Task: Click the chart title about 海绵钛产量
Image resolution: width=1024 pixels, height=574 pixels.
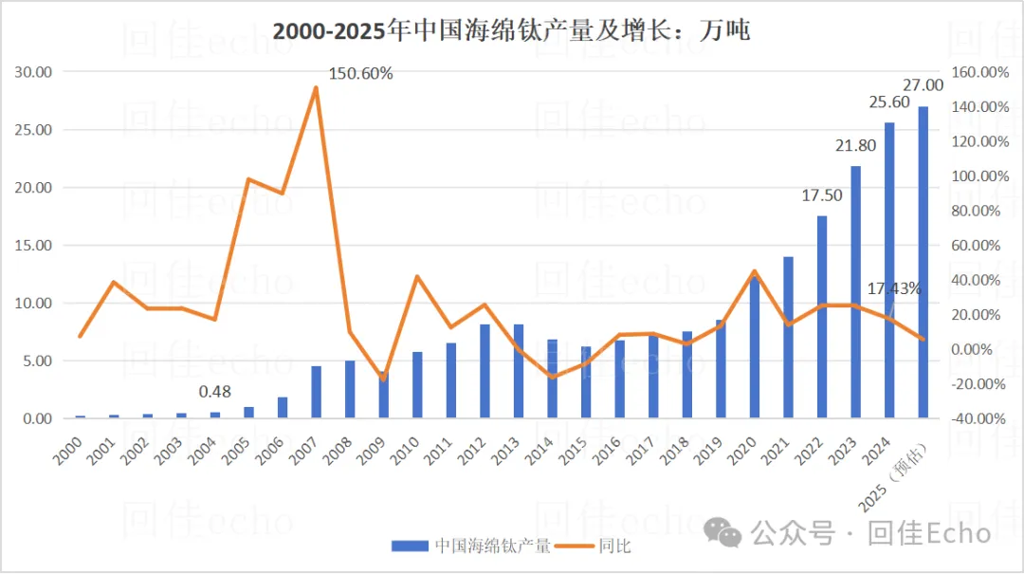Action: pyautogui.click(x=511, y=30)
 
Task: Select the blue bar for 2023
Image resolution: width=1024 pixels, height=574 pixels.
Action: pyautogui.click(x=856, y=292)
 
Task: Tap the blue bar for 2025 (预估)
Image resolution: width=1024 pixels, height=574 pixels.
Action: pyautogui.click(x=923, y=262)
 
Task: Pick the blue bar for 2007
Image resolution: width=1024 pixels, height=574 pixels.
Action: pyautogui.click(x=316, y=392)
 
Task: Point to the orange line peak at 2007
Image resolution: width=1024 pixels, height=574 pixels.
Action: pyautogui.click(x=316, y=87)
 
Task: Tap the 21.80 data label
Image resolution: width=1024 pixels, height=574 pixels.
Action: pyautogui.click(x=855, y=145)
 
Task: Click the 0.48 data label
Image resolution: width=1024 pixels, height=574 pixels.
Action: pyautogui.click(x=216, y=391)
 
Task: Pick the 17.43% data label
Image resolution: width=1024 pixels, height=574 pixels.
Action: pyautogui.click(x=894, y=288)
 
